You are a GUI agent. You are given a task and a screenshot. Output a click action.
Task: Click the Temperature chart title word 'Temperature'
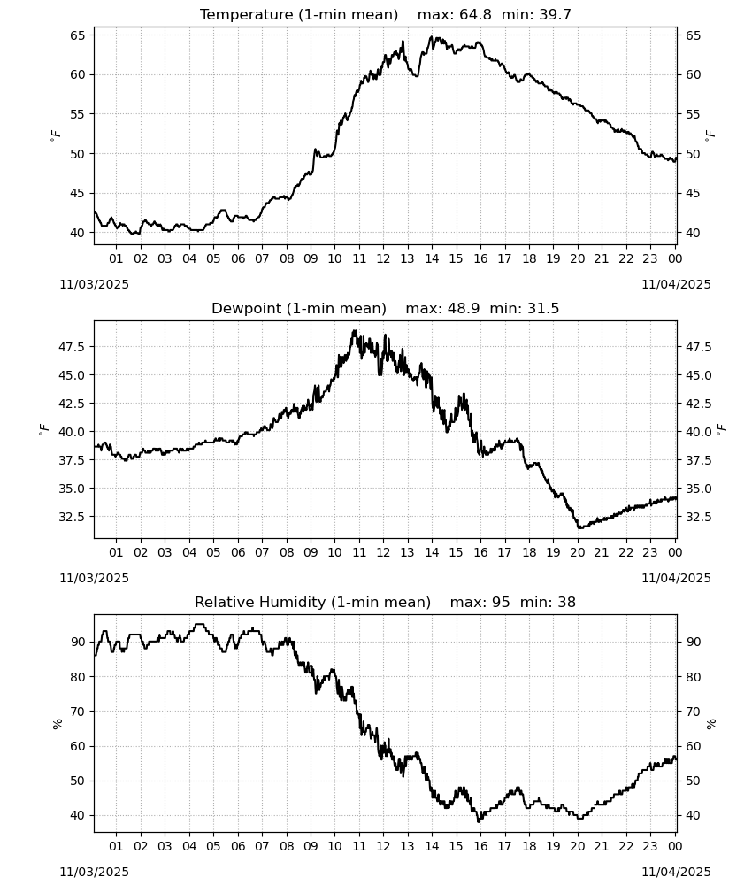(247, 15)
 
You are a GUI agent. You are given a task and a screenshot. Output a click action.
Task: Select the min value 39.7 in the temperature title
(555, 15)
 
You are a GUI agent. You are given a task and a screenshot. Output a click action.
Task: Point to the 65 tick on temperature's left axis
(77, 35)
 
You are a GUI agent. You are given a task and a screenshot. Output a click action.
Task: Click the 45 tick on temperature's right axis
(693, 193)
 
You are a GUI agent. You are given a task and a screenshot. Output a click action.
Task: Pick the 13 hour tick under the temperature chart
(407, 258)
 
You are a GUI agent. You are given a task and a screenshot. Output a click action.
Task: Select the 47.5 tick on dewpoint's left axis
(73, 347)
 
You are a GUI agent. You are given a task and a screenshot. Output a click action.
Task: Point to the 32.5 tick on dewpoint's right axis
(698, 517)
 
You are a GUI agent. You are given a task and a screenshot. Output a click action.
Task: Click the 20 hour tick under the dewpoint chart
(577, 552)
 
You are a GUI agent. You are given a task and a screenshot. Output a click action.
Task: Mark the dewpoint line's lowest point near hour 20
(579, 527)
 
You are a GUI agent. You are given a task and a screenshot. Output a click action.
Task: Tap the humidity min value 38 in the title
(567, 602)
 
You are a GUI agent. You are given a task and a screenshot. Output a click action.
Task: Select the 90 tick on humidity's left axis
(77, 642)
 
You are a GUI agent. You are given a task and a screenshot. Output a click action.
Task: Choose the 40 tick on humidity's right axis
(693, 815)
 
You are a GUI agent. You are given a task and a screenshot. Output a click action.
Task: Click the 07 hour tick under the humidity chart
(262, 846)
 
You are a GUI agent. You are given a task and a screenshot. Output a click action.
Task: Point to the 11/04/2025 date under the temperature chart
(676, 284)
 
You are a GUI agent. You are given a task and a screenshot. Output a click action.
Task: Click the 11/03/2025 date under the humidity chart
(94, 872)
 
